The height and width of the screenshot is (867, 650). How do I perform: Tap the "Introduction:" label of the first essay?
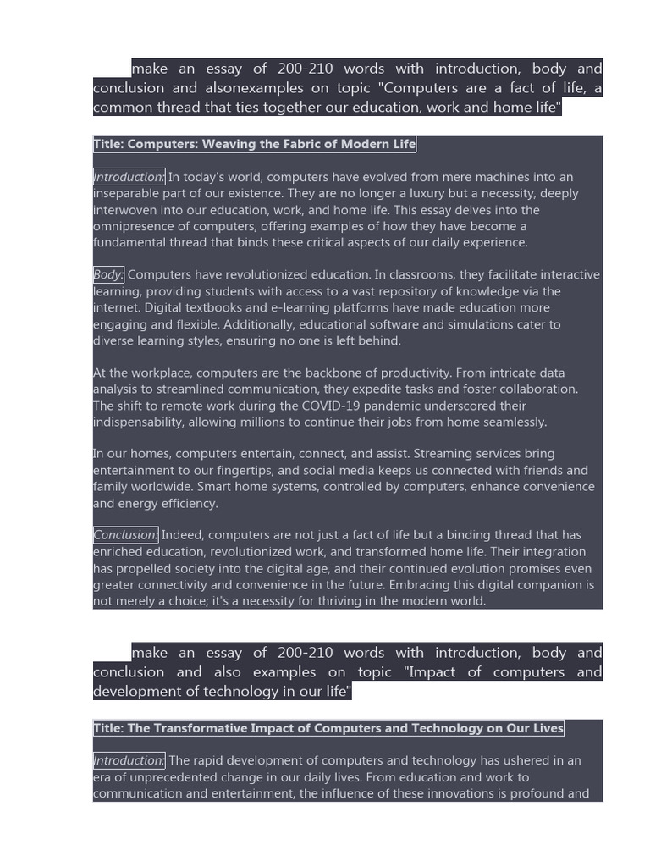coord(129,177)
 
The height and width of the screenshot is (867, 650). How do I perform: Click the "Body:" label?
coord(108,274)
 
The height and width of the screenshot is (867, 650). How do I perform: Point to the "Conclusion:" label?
coord(125,535)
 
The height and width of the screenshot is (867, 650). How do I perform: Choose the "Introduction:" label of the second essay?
coord(129,760)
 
